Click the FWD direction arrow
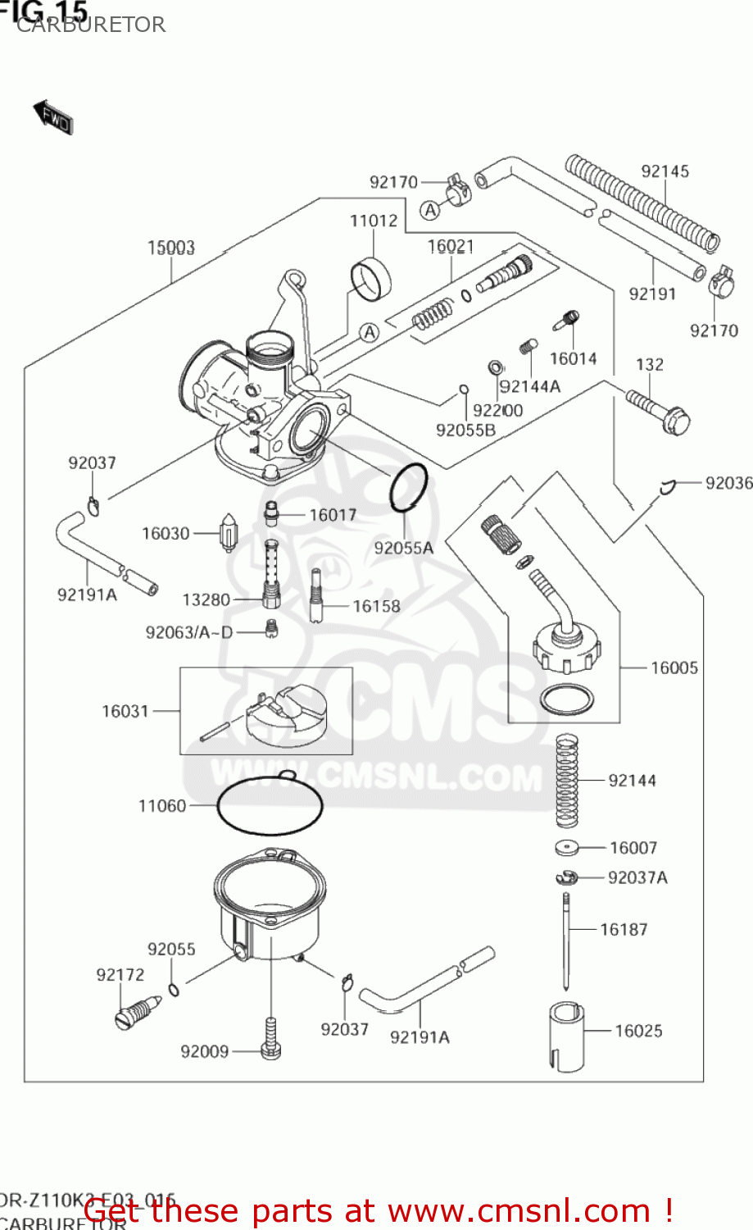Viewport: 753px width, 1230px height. (x=53, y=118)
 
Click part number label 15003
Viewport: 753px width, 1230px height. (x=170, y=248)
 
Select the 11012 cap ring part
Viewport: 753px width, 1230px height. (x=370, y=279)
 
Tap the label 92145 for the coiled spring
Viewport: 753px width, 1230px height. (x=665, y=171)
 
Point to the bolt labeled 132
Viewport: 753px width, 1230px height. (x=658, y=411)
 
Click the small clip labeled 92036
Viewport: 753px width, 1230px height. (x=667, y=487)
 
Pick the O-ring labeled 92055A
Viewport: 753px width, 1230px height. (x=408, y=487)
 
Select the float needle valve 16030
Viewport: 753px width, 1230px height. (x=229, y=533)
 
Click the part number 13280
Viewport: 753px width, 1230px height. (x=206, y=600)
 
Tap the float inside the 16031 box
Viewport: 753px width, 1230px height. (x=286, y=717)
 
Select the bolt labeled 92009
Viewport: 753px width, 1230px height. (x=270, y=1039)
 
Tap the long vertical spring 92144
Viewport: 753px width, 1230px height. (x=567, y=780)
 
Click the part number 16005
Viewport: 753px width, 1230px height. (x=674, y=668)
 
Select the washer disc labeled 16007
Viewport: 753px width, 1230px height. (x=567, y=848)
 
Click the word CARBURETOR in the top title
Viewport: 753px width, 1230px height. (x=91, y=25)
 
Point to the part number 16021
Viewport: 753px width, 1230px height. (x=451, y=247)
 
